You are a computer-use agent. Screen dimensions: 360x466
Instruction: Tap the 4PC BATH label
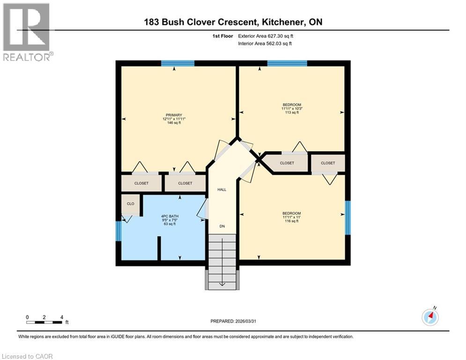click(x=170, y=216)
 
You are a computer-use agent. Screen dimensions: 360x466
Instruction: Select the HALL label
click(x=222, y=190)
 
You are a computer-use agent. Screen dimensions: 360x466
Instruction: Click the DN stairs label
click(x=222, y=226)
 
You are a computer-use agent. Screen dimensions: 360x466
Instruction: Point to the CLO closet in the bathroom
click(x=131, y=204)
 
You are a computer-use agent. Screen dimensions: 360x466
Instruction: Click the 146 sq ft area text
click(x=174, y=123)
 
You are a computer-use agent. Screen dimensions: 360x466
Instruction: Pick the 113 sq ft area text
click(x=291, y=112)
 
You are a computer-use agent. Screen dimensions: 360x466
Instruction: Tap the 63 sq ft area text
click(x=170, y=224)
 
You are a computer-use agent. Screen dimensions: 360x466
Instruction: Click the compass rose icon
click(x=429, y=317)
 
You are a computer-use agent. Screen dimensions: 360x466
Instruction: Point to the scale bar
click(x=44, y=322)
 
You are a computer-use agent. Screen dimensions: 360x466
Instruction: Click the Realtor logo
click(x=27, y=31)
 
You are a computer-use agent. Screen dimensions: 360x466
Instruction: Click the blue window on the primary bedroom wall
click(x=178, y=63)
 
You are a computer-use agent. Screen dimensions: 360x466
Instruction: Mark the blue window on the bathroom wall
click(x=118, y=231)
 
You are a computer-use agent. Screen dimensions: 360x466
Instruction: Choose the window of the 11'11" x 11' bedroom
click(x=348, y=217)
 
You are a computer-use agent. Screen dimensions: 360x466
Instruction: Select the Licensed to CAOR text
click(x=28, y=356)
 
